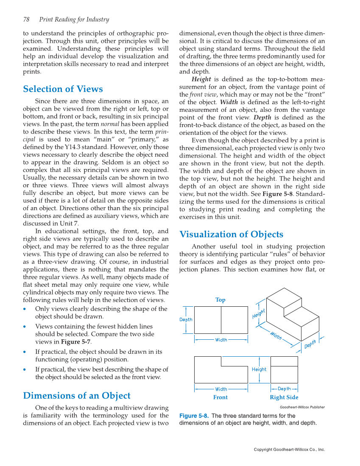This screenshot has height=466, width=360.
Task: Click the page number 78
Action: [x=26, y=19]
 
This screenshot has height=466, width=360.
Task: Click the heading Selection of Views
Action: [x=63, y=89]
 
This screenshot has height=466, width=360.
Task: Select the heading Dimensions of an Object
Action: [x=77, y=396]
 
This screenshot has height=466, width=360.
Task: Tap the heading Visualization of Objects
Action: [x=231, y=234]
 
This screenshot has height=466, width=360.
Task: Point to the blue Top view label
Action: [x=220, y=300]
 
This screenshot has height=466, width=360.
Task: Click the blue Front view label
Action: [x=220, y=397]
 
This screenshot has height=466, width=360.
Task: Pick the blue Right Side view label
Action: [x=284, y=397]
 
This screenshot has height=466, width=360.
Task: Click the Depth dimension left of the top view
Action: [x=186, y=320]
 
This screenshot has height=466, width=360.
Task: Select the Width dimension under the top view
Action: [x=221, y=340]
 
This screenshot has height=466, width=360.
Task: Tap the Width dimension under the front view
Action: [x=221, y=389]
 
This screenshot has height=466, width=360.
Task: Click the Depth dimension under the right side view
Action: [x=284, y=389]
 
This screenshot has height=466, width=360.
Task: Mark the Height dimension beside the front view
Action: [x=259, y=369]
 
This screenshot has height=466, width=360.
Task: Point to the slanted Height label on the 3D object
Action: [x=259, y=314]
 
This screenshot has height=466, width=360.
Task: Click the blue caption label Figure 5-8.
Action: [x=194, y=416]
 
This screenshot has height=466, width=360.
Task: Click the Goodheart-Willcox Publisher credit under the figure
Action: [x=302, y=407]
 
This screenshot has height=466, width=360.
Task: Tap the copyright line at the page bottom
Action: [x=289, y=449]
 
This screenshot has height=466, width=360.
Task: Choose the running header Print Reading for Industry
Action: [x=74, y=19]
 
